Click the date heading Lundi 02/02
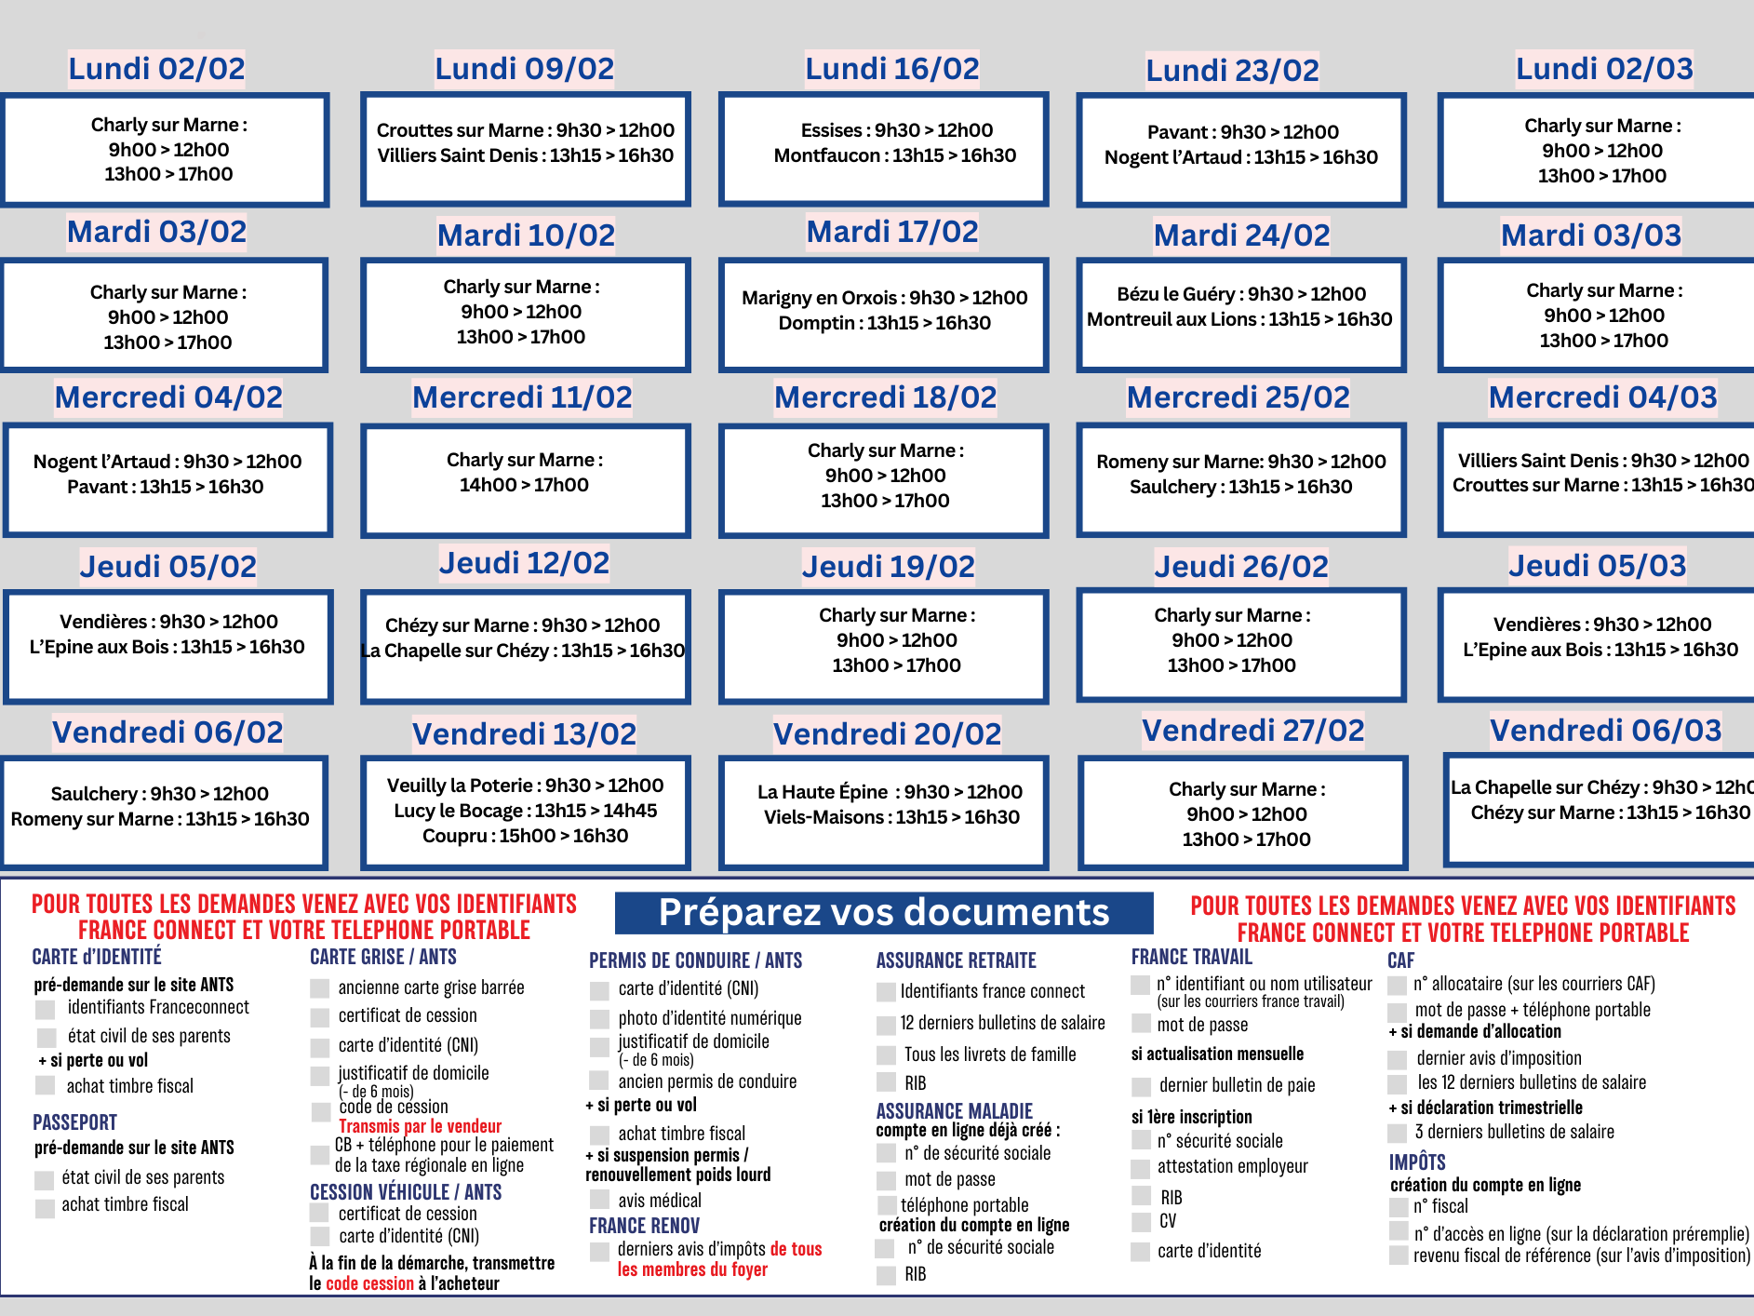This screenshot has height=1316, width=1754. pyautogui.click(x=156, y=69)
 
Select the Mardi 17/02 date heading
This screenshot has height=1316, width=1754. pyautogui.click(x=892, y=232)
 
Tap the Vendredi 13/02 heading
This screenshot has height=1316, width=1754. pyautogui.click(x=524, y=734)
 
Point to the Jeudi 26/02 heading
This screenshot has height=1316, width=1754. pyautogui.click(x=1241, y=566)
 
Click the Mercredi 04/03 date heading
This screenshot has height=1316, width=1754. pyautogui.click(x=1602, y=397)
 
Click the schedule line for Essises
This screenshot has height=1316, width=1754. pyautogui.click(x=896, y=130)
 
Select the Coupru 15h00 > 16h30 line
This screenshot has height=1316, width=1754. pyautogui.click(x=525, y=836)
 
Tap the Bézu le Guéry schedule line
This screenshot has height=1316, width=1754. pyautogui.click(x=1241, y=294)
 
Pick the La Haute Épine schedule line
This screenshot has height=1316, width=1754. pyautogui.click(x=890, y=792)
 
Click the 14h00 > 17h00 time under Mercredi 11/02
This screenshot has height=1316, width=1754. pyautogui.click(x=524, y=485)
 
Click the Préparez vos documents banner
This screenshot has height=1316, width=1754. pyautogui.click(x=884, y=913)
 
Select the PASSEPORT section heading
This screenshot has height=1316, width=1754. pyautogui.click(x=74, y=1122)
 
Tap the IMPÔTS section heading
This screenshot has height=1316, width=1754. pyautogui.click(x=1417, y=1162)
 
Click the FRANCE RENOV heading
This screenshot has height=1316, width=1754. pyautogui.click(x=644, y=1226)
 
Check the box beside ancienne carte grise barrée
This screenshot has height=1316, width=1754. pyautogui.click(x=320, y=988)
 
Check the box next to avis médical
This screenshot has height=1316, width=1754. pyautogui.click(x=600, y=1201)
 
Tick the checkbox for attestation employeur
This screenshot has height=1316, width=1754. pyautogui.click(x=1141, y=1168)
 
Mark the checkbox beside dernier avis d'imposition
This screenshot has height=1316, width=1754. pyautogui.click(x=1397, y=1059)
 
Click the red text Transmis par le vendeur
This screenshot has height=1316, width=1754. pyautogui.click(x=420, y=1126)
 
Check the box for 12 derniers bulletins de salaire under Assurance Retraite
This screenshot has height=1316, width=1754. pyautogui.click(x=886, y=1025)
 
